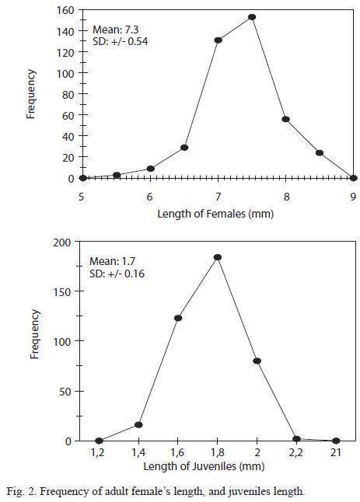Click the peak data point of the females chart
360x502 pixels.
point(252,17)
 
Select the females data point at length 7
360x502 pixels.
point(218,40)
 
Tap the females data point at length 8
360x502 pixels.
point(285,119)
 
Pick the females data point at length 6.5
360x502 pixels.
point(184,148)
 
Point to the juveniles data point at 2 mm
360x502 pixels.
point(257,361)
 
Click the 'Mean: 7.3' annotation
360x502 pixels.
point(116,30)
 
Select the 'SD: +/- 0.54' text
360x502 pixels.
point(120,42)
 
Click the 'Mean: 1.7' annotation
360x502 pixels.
point(113,261)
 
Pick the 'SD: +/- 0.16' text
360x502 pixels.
point(117,274)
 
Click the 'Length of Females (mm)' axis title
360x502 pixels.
point(215,214)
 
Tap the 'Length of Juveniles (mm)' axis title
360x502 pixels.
point(204,466)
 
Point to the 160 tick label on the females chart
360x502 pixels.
point(65,10)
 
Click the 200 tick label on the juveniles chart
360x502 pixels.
point(62,242)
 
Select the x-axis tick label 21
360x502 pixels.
point(335,453)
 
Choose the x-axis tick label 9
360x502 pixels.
point(353,197)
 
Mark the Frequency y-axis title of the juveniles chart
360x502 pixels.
point(34,334)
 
